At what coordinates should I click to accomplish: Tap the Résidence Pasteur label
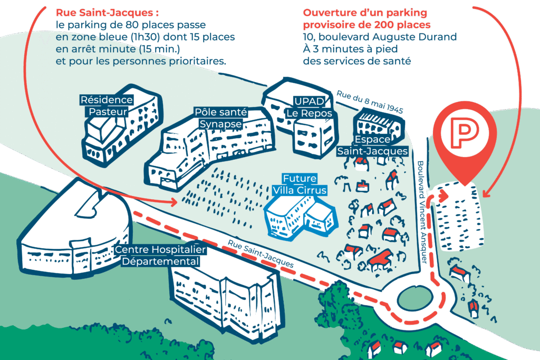[x=107, y=105]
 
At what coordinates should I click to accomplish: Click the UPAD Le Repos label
[x=309, y=108]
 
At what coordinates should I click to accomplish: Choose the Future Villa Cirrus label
[x=299, y=184]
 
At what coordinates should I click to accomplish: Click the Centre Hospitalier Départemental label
[x=160, y=256]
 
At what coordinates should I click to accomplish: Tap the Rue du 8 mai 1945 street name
[x=369, y=101]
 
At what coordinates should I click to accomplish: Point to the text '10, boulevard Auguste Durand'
[x=380, y=37]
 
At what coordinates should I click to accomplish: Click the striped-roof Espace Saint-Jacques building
[x=378, y=122]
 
